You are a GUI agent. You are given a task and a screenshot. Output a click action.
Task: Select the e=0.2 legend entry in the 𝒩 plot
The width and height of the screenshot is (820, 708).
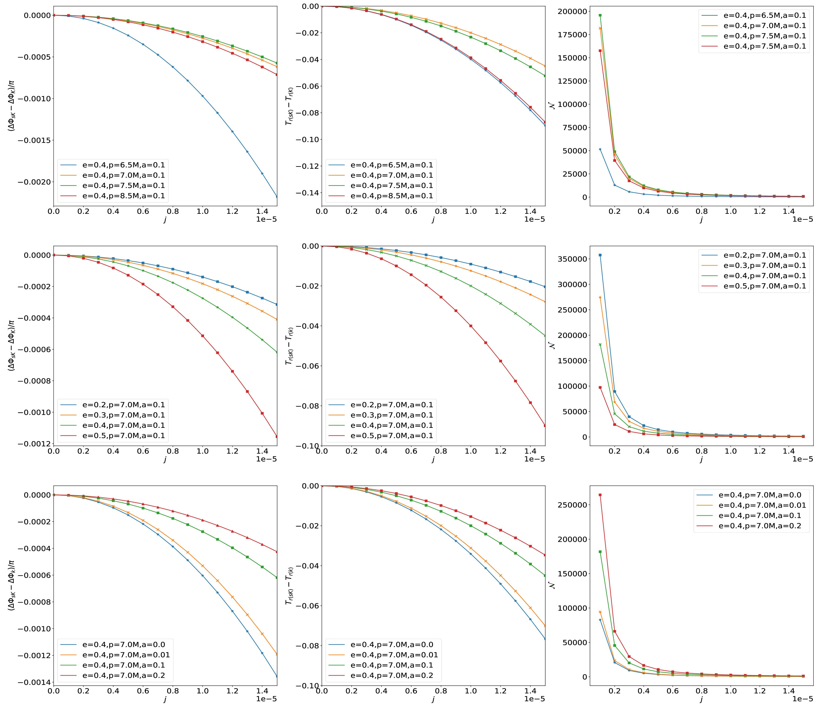[x=764, y=255]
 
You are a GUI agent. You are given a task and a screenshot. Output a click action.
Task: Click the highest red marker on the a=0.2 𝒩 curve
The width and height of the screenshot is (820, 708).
[x=600, y=495]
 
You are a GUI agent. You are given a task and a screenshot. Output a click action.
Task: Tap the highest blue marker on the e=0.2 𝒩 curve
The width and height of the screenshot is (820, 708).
[x=600, y=255]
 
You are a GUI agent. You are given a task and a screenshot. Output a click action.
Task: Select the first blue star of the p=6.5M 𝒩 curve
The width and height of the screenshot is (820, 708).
[x=600, y=149]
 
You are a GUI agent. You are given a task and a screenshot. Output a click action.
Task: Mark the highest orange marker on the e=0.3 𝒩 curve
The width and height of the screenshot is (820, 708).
[x=600, y=297]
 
